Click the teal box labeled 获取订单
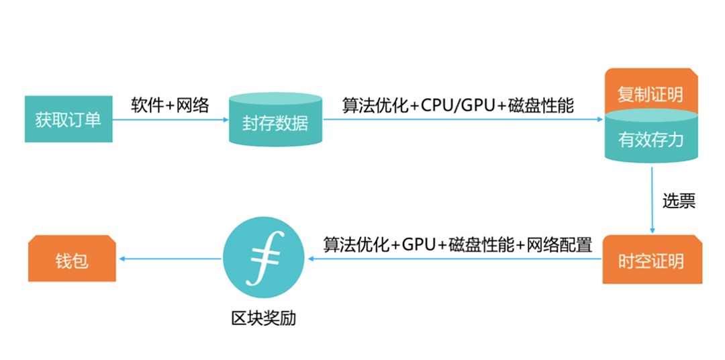[68, 120]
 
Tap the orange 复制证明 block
[650, 92]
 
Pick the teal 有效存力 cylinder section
[650, 140]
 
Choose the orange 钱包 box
[72, 259]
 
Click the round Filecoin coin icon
[263, 259]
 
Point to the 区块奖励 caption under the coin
[263, 317]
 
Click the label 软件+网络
[170, 105]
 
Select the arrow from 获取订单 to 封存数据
[171, 120]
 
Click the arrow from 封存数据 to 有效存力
[463, 120]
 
